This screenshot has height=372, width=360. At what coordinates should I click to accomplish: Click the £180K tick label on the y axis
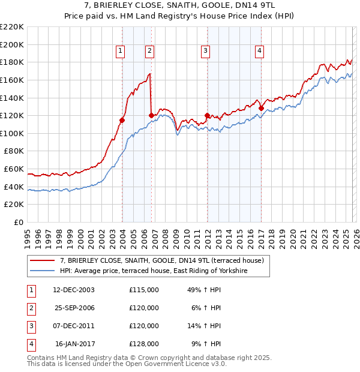pos(12,62)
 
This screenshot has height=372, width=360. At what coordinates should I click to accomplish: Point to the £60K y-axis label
pos(14,169)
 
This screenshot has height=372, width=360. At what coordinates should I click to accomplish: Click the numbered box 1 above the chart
pos(121,52)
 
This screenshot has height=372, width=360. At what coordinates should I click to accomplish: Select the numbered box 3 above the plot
pos(205,52)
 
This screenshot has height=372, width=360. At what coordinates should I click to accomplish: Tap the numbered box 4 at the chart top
pos(259,52)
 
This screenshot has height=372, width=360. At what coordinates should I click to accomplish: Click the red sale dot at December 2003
pos(122,120)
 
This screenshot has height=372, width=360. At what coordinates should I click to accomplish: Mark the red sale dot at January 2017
pos(262,109)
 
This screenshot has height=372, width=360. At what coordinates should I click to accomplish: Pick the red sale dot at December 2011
pos(208,115)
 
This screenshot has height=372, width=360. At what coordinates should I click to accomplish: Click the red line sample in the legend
pos(43,260)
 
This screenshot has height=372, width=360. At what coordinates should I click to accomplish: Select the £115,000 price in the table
pos(144,289)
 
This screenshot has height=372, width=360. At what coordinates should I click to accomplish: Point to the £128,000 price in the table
pos(144,344)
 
